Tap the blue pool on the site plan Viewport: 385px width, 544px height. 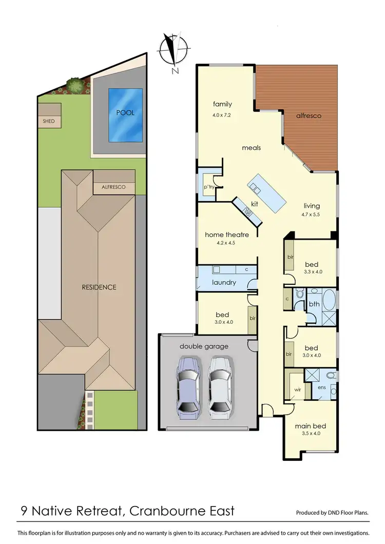125,114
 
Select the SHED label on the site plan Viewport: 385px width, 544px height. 49,121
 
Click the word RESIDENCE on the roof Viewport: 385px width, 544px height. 99,287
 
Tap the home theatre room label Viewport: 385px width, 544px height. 227,235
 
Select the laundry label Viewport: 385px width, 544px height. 224,282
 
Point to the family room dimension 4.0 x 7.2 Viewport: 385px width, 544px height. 222,115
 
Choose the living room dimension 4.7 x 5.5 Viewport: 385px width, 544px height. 310,215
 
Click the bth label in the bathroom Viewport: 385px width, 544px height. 314,304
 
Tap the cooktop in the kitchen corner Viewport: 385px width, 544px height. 248,210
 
